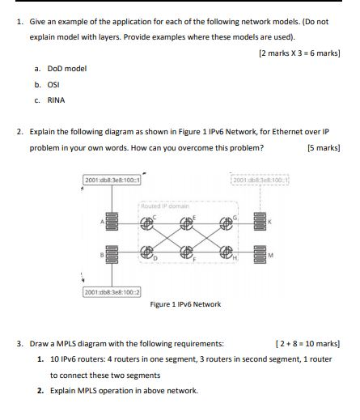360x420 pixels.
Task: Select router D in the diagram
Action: pyautogui.click(x=147, y=251)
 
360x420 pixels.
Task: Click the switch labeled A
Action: pyautogui.click(x=111, y=220)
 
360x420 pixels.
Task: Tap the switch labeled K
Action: pyautogui.click(x=259, y=220)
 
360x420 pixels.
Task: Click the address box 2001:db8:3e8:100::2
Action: pyautogui.click(x=112, y=291)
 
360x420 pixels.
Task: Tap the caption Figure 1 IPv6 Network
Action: pyautogui.click(x=186, y=304)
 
